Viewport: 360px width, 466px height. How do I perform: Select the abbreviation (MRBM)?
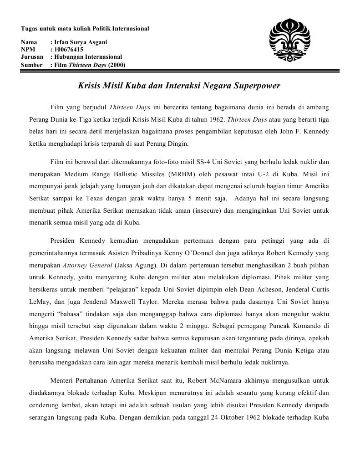point(179,174)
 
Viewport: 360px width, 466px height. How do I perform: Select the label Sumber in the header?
point(31,64)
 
